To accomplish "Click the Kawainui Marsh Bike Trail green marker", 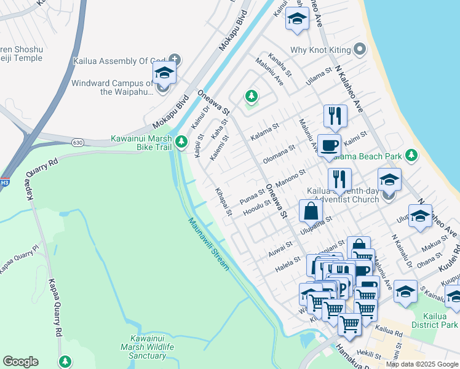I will click(x=181, y=142).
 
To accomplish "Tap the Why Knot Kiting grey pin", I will click(x=360, y=49).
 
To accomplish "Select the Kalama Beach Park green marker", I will click(x=411, y=156).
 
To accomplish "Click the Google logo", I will click(x=20, y=362).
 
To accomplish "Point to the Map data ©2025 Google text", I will click(x=422, y=364).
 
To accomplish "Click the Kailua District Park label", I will click(x=441, y=320).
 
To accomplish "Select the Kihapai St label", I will click(x=223, y=201).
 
